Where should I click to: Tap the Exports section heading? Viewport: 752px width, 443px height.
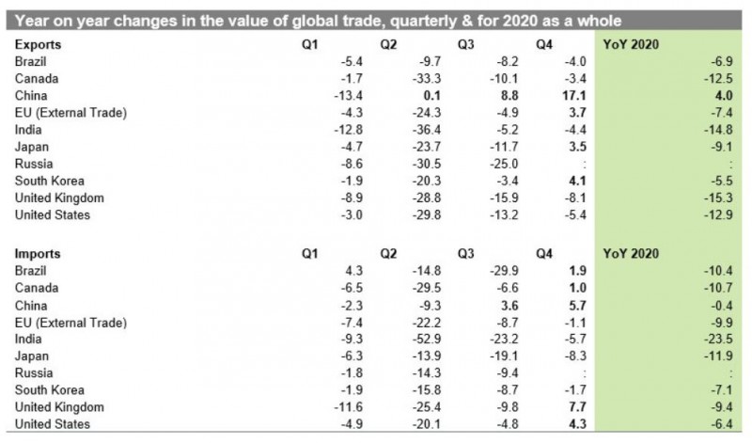pyautogui.click(x=39, y=44)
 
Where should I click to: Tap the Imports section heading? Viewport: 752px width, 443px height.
pyautogui.click(x=39, y=253)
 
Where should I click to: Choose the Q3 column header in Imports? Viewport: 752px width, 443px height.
pyautogui.click(x=467, y=253)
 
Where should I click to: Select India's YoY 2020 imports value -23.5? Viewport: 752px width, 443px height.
pyautogui.click(x=719, y=338)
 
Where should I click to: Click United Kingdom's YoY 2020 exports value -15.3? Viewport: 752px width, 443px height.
pyautogui.click(x=719, y=198)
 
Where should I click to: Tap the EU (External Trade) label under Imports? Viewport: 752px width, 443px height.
pyautogui.click(x=71, y=321)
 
